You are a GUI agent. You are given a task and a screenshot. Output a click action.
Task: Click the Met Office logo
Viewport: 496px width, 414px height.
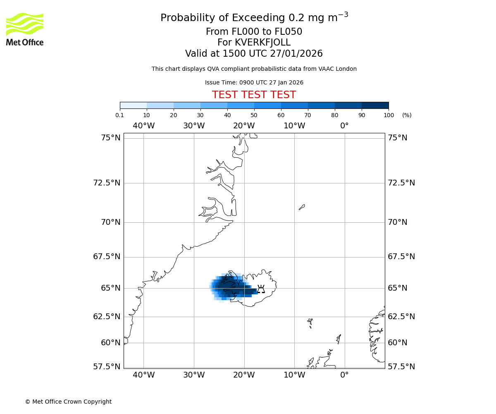(x=25, y=29)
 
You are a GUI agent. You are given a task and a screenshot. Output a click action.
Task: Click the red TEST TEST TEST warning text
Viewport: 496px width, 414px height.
(x=254, y=95)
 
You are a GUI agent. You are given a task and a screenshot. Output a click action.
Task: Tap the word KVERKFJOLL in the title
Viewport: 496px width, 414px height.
(x=262, y=43)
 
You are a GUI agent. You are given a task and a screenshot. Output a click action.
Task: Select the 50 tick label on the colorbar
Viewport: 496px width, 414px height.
(x=254, y=115)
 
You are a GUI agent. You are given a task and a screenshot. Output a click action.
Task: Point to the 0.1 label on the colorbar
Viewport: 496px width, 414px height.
(x=119, y=115)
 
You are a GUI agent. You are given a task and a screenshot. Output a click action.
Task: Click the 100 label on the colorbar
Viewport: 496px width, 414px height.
(x=389, y=115)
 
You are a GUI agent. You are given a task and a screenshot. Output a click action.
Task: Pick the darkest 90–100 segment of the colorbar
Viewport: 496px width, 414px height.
(x=375, y=105)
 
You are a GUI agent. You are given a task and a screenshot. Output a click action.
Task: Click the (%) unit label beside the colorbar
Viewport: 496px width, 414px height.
(x=407, y=115)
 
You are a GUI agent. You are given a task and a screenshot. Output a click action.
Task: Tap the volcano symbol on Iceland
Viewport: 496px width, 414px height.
(x=261, y=289)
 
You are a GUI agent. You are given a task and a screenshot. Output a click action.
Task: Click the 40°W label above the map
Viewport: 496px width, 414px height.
(x=143, y=125)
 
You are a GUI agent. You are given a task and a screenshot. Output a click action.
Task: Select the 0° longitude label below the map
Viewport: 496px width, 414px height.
(x=344, y=375)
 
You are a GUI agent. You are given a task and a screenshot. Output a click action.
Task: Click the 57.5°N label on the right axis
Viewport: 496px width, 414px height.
(x=401, y=366)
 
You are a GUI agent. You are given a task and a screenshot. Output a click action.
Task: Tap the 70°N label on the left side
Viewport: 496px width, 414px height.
(x=110, y=222)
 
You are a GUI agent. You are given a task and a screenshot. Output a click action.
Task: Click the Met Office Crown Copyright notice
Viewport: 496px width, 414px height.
(x=68, y=402)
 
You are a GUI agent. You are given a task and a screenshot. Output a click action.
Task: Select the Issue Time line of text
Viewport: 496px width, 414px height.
(x=254, y=82)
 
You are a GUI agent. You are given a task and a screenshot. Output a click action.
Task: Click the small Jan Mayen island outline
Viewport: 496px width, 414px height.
(x=302, y=207)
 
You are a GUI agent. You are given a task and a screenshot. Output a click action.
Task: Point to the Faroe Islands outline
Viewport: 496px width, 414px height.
(x=310, y=323)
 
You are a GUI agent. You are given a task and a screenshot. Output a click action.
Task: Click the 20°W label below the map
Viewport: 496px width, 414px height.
(x=244, y=375)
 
